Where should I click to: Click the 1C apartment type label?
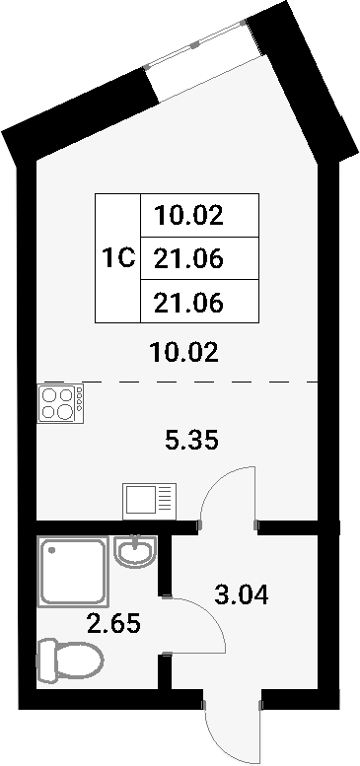click(118, 258)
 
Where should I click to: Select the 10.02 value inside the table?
click(188, 216)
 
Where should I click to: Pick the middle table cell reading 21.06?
click(188, 258)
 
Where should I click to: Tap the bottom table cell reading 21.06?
click(188, 303)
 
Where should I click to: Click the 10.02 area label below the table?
click(184, 352)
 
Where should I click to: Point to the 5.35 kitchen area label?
click(191, 441)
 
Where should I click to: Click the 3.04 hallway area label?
click(241, 595)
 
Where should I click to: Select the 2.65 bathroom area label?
click(113, 623)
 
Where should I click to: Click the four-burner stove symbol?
click(60, 403)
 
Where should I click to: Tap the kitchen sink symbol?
click(150, 501)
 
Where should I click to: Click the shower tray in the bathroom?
click(73, 572)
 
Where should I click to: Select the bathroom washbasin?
click(135, 551)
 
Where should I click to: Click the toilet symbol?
click(70, 661)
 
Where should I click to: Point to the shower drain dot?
click(51, 550)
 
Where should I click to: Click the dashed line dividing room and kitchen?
click(181, 382)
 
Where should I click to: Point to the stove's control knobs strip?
click(79, 403)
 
